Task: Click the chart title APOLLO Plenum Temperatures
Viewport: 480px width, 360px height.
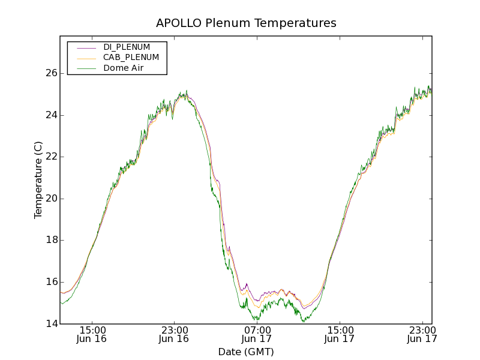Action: coord(246,23)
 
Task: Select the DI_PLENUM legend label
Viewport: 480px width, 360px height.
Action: coord(127,47)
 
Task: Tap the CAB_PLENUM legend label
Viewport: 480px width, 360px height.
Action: coord(131,58)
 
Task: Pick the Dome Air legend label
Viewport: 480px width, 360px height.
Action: coord(124,68)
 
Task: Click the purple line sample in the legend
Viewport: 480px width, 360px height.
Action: coord(86,47)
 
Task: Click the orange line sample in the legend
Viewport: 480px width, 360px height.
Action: coord(86,58)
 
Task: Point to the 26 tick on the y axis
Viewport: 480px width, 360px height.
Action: coord(51,73)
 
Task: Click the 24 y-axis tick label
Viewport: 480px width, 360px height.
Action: coord(51,115)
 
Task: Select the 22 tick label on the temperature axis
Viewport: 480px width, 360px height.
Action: coord(51,157)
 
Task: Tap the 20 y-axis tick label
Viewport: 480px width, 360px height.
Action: coord(51,199)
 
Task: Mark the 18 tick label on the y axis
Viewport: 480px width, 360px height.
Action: coord(51,240)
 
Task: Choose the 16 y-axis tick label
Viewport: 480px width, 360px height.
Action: coord(51,282)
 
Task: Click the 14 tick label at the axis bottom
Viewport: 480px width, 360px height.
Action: coord(51,324)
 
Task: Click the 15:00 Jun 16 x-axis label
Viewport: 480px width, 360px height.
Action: coord(92,334)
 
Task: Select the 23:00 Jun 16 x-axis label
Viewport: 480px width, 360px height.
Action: coord(174,334)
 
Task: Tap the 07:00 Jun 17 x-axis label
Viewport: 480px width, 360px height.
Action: coord(257,334)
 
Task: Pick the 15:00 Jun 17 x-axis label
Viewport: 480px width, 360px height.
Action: coord(339,334)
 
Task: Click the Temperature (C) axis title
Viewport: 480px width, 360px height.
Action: coord(38,180)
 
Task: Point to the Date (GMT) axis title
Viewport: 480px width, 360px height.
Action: coord(246,352)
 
